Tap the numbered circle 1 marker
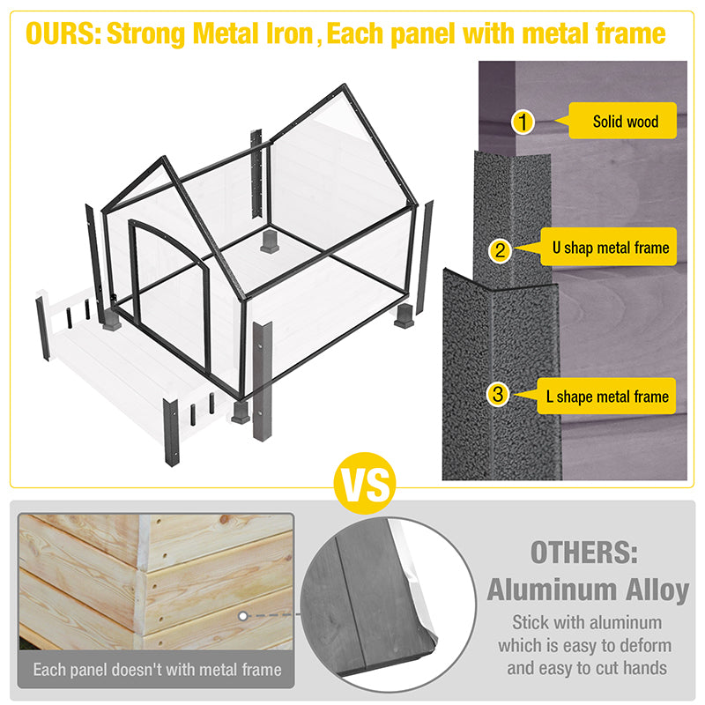[x=523, y=122]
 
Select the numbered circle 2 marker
[x=500, y=250]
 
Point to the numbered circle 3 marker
[x=498, y=394]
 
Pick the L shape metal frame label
[x=606, y=396]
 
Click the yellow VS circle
[x=365, y=483]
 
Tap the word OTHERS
[x=584, y=552]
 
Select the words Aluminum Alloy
[x=588, y=590]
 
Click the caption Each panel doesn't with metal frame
[x=157, y=670]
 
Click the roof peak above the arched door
[x=165, y=158]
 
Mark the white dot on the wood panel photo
[x=243, y=615]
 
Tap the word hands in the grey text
[x=644, y=668]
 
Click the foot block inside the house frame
[x=270, y=241]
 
